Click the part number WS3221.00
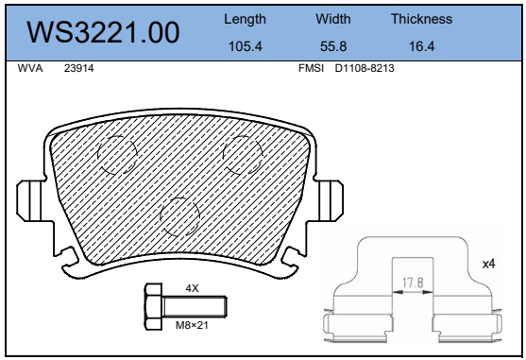103,32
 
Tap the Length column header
245,20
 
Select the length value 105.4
245,46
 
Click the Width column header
333,19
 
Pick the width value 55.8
333,46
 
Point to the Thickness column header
421,19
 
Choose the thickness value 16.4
421,46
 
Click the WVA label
30,68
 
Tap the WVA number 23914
78,68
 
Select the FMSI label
311,68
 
